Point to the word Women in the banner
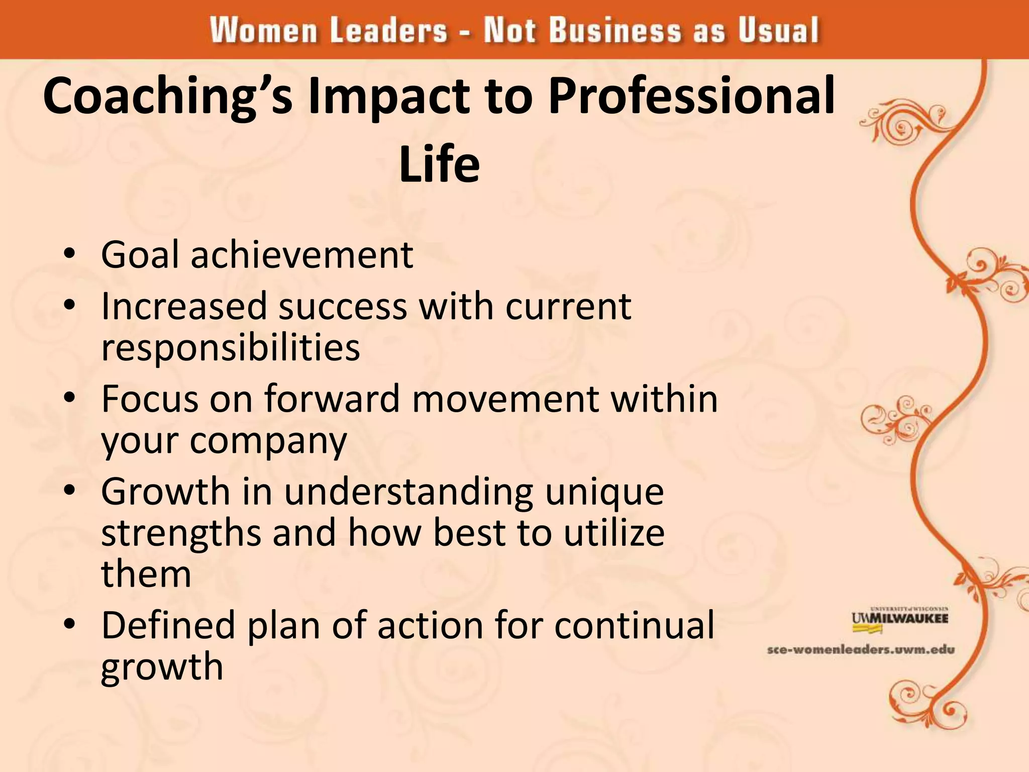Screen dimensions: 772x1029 coord(263,30)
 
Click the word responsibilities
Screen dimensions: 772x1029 coord(231,348)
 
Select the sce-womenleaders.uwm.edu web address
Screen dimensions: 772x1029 coord(861,650)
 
